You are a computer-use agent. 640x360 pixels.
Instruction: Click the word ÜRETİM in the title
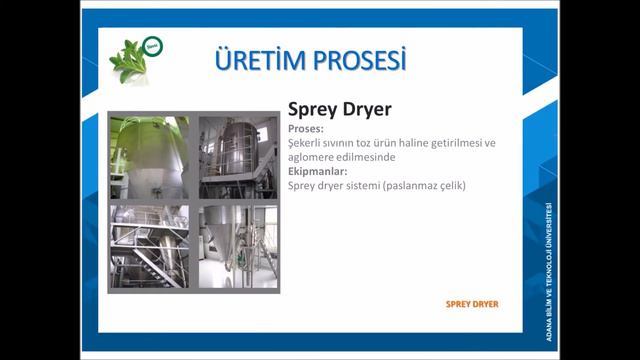(x=256, y=60)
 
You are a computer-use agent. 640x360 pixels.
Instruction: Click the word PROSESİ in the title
(x=355, y=60)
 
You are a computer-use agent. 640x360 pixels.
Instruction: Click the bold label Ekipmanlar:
(x=320, y=171)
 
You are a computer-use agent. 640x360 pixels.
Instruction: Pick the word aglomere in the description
(x=313, y=157)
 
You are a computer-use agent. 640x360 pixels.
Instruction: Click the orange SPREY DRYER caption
(x=471, y=303)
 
